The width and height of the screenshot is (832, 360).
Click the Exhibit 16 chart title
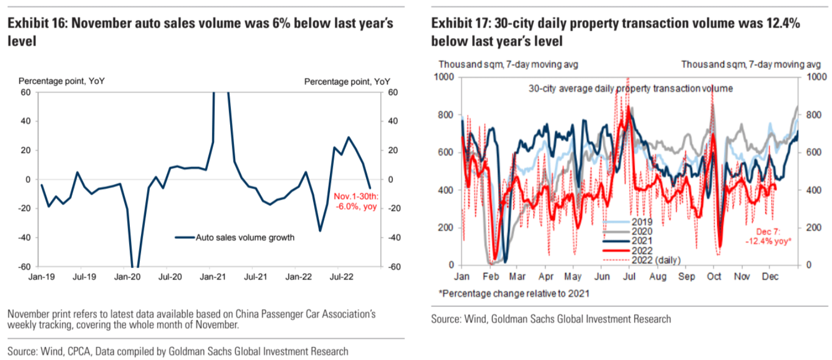(201, 32)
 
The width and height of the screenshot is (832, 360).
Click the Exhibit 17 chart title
(616, 32)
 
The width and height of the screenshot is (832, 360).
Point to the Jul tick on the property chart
(630, 276)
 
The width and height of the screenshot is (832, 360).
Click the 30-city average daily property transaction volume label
(630, 88)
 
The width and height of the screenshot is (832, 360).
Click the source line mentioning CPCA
(178, 351)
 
